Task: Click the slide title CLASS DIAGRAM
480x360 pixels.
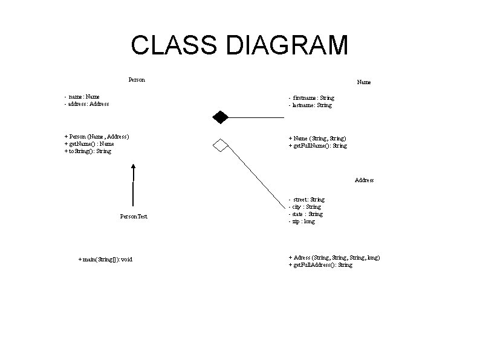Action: click(x=239, y=45)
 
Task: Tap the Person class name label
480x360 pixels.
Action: click(x=137, y=79)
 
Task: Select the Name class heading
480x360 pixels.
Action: click(x=364, y=82)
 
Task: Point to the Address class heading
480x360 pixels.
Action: click(x=364, y=180)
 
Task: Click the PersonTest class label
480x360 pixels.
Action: click(x=133, y=216)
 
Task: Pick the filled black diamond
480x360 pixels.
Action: click(x=219, y=116)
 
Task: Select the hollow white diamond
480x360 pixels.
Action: click(x=219, y=145)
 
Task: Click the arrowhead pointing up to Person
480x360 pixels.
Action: click(x=134, y=168)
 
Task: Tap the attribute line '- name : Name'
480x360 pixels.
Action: click(x=82, y=96)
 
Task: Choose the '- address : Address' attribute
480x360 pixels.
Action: click(x=86, y=104)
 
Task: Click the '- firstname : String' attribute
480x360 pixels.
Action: click(x=311, y=97)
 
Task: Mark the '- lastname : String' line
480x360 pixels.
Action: click(x=310, y=105)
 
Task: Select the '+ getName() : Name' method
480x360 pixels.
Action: click(x=89, y=144)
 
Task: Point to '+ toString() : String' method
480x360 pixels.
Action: click(x=88, y=151)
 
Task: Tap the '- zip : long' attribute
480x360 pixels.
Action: click(x=302, y=221)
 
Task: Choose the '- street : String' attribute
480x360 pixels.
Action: click(x=306, y=199)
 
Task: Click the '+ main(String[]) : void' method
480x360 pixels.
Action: click(x=105, y=260)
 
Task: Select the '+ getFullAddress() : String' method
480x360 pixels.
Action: click(x=320, y=265)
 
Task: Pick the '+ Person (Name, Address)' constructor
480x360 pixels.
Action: click(x=96, y=137)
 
